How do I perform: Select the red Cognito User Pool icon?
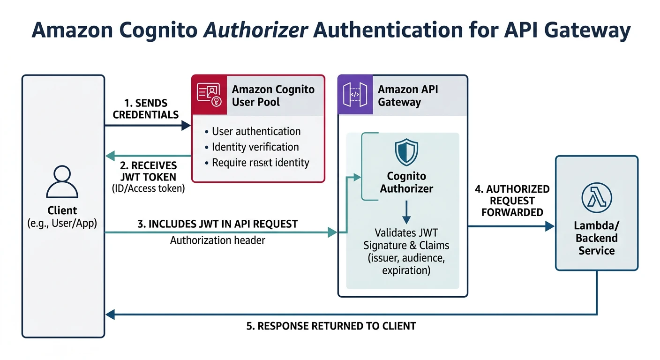click(209, 95)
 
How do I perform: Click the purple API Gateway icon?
click(355, 95)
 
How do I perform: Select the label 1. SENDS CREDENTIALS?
click(146, 109)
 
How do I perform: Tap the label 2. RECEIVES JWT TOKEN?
click(148, 171)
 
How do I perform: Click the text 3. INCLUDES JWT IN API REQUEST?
click(217, 224)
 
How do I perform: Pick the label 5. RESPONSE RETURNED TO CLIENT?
click(331, 326)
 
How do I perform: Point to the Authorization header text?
click(217, 240)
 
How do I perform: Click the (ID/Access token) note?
click(148, 188)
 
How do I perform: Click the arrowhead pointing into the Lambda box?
click(550, 226)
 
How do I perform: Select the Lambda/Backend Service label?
click(596, 238)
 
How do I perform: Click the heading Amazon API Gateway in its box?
click(408, 96)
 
